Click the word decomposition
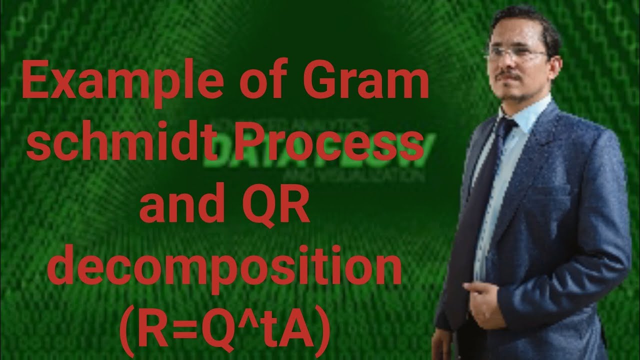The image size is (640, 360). click(227, 270)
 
